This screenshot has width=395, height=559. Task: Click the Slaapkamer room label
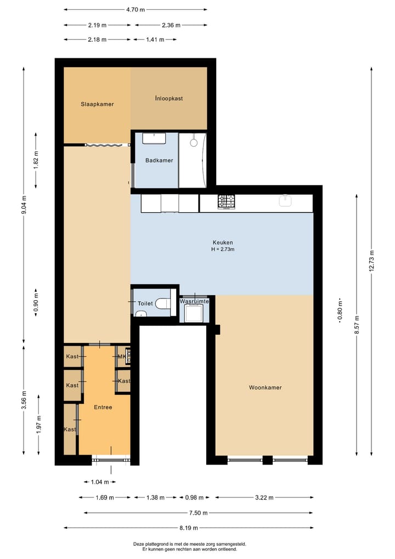[x=97, y=104]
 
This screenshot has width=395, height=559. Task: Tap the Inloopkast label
[x=168, y=98]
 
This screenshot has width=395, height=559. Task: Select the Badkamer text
[x=159, y=160]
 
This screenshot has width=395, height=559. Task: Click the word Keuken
[x=223, y=242]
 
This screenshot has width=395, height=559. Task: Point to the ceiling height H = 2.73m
[x=223, y=250]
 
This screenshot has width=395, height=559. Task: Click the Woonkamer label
[x=265, y=388]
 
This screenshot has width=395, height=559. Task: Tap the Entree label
[x=103, y=407]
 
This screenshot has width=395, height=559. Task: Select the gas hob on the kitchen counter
[x=225, y=202]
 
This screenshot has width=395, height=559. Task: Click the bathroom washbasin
[x=155, y=137]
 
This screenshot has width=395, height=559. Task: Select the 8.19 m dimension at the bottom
[x=189, y=528]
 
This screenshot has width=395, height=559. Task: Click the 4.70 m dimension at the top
[x=136, y=10]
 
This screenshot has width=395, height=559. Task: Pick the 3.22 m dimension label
[x=264, y=498]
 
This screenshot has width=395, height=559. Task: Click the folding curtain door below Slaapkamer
[x=107, y=145]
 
